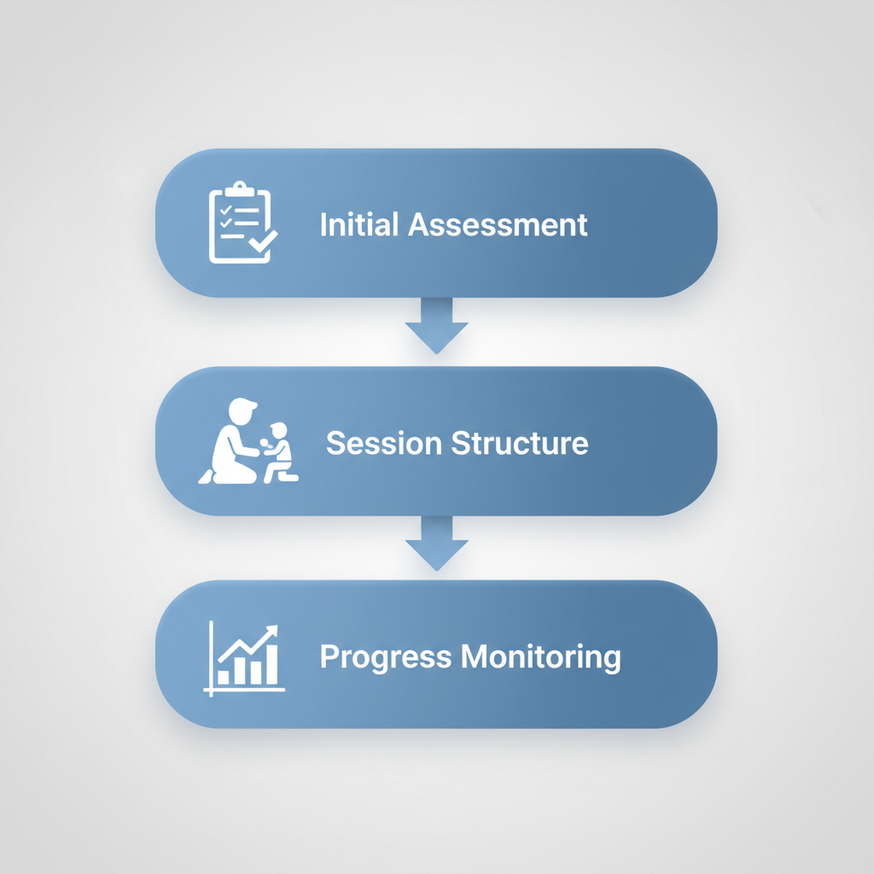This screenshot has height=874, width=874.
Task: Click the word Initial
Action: point(359,224)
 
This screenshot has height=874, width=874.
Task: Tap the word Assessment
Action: point(498,224)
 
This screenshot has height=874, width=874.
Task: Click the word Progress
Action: point(386,657)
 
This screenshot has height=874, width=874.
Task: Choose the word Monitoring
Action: point(541,657)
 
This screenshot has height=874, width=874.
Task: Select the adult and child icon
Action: point(248,442)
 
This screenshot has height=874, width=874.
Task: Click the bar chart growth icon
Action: point(245,658)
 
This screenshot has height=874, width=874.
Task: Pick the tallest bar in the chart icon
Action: point(271,665)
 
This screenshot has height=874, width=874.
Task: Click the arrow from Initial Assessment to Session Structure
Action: point(436,325)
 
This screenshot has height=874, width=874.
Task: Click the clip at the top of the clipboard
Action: point(240,188)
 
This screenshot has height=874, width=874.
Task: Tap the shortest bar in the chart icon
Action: point(224,677)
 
